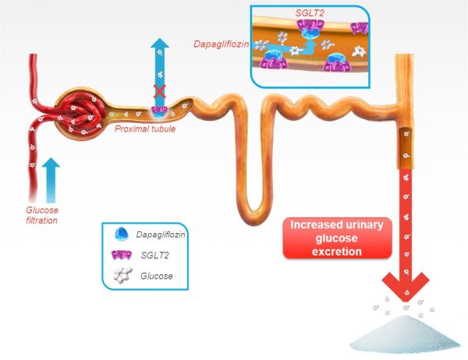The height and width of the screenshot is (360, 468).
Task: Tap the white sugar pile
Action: pyautogui.click(x=406, y=336)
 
